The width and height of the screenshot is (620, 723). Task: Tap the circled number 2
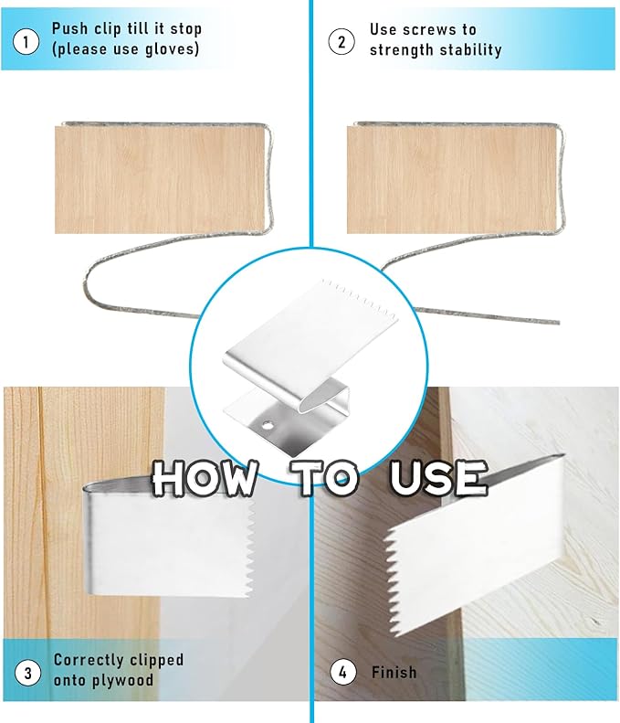342,40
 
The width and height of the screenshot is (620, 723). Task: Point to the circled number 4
342,673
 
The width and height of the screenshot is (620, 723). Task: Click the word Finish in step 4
394,673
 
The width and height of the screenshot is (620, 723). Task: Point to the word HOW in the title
205,477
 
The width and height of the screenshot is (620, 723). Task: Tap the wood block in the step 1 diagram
159,178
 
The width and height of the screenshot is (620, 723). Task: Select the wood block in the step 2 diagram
451,178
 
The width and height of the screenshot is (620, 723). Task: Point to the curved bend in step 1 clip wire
91,283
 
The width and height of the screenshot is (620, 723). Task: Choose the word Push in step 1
69,29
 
